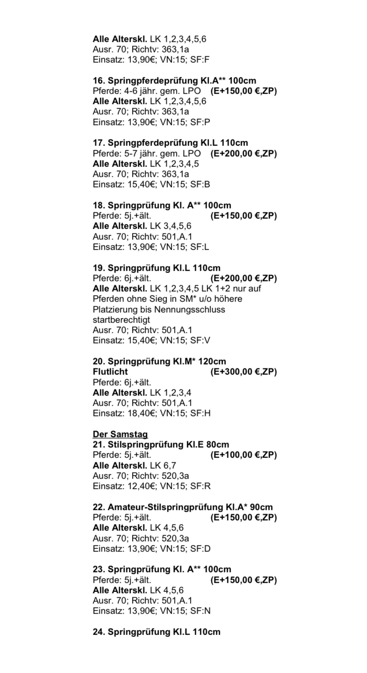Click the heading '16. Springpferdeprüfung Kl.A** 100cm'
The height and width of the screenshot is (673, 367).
(174, 81)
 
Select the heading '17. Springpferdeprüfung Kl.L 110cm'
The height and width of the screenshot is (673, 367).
(170, 143)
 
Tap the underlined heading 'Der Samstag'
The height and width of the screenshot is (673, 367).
(120, 434)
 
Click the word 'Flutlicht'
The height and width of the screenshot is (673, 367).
(110, 372)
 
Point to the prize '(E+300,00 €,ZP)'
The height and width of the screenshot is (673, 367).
(244, 372)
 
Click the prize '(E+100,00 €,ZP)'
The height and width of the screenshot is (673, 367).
(244, 455)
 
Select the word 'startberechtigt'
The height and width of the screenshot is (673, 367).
(121, 320)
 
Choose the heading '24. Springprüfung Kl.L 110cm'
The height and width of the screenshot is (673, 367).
(156, 632)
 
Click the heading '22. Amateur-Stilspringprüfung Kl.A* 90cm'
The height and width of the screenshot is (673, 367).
(183, 507)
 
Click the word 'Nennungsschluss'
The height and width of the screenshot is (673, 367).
(189, 310)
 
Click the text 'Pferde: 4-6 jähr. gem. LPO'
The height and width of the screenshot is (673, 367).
(147, 91)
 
